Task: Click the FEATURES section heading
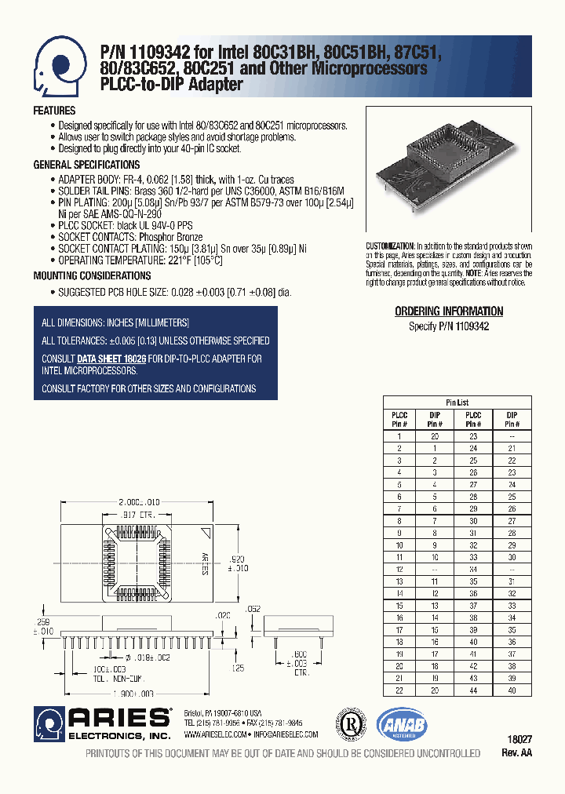tap(54, 111)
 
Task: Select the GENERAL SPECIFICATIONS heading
tap(86, 165)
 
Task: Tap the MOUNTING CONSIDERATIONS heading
tap(92, 276)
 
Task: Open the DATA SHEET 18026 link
tap(111, 359)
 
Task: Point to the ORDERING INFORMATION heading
tap(448, 311)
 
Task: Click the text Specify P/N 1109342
tap(448, 326)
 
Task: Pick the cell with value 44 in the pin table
tap(473, 689)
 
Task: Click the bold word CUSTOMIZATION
tap(390, 246)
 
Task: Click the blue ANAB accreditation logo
tap(401, 724)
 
